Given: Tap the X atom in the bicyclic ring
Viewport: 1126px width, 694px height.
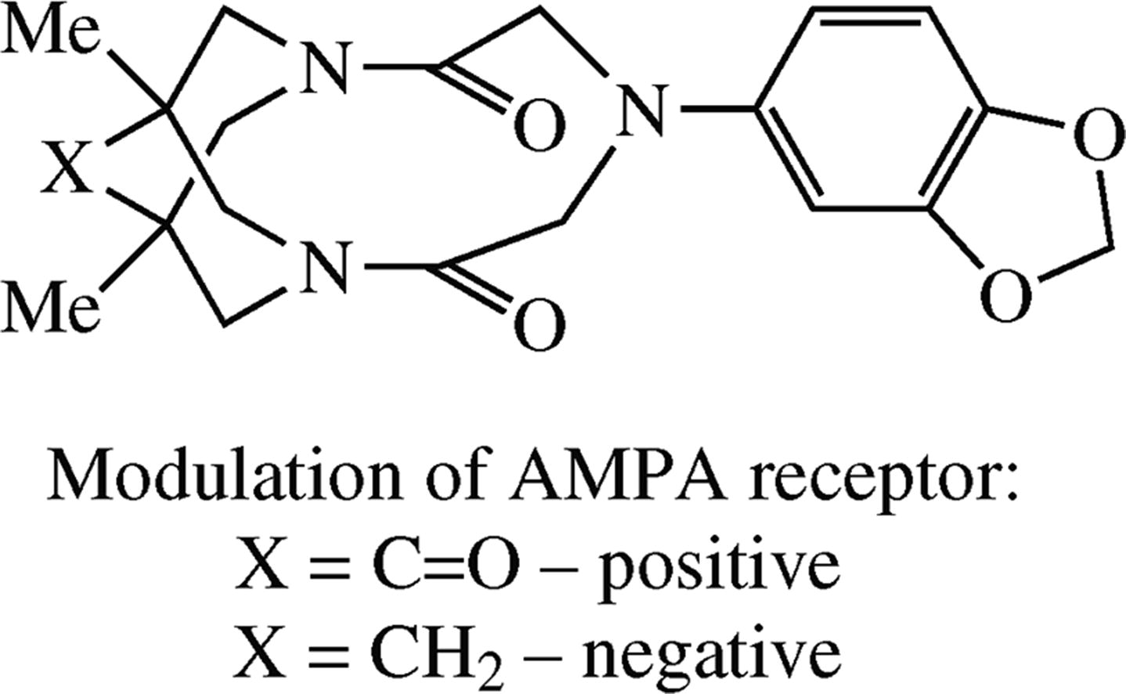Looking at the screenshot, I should (67, 171).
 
